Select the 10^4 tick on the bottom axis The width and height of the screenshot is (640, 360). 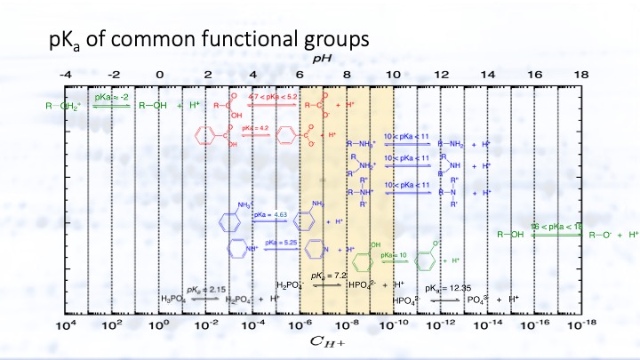[x=66, y=326]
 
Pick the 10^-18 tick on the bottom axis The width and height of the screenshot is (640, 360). [x=580, y=326]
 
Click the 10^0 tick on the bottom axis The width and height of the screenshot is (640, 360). [x=159, y=326]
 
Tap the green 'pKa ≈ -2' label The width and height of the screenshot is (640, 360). [x=112, y=95]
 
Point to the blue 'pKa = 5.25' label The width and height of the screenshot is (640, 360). [x=270, y=241]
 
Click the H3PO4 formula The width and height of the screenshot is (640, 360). [x=174, y=300]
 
